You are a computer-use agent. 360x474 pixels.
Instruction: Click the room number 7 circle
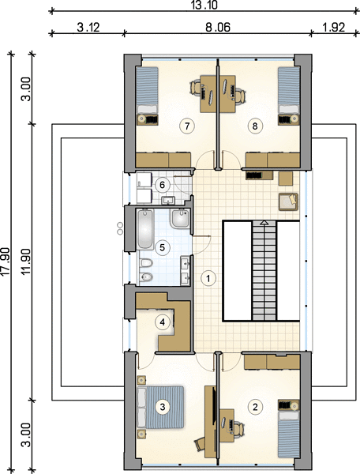point(187,126)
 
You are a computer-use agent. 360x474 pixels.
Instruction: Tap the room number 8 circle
point(255,126)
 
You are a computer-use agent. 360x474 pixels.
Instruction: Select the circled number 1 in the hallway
point(208,278)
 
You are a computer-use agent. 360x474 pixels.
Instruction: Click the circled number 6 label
point(162,184)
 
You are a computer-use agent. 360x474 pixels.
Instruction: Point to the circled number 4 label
point(163,322)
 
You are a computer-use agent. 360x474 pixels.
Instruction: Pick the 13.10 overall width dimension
point(204,6)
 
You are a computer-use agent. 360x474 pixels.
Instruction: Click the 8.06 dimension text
point(218,27)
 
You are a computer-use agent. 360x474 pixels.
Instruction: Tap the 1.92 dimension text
point(333,27)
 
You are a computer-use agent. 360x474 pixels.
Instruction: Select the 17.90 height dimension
point(6,261)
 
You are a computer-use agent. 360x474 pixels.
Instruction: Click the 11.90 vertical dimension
point(27,261)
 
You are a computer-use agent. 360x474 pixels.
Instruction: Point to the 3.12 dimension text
point(88,27)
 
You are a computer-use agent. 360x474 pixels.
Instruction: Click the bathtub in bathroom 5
point(145,229)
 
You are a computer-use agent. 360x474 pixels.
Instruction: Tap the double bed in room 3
point(160,407)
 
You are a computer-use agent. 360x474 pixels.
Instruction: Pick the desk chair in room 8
point(241,94)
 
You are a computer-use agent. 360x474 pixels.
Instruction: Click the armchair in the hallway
point(288,201)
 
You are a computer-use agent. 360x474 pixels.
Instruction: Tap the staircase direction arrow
point(264,223)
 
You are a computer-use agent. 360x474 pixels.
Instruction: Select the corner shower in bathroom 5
point(179,219)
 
